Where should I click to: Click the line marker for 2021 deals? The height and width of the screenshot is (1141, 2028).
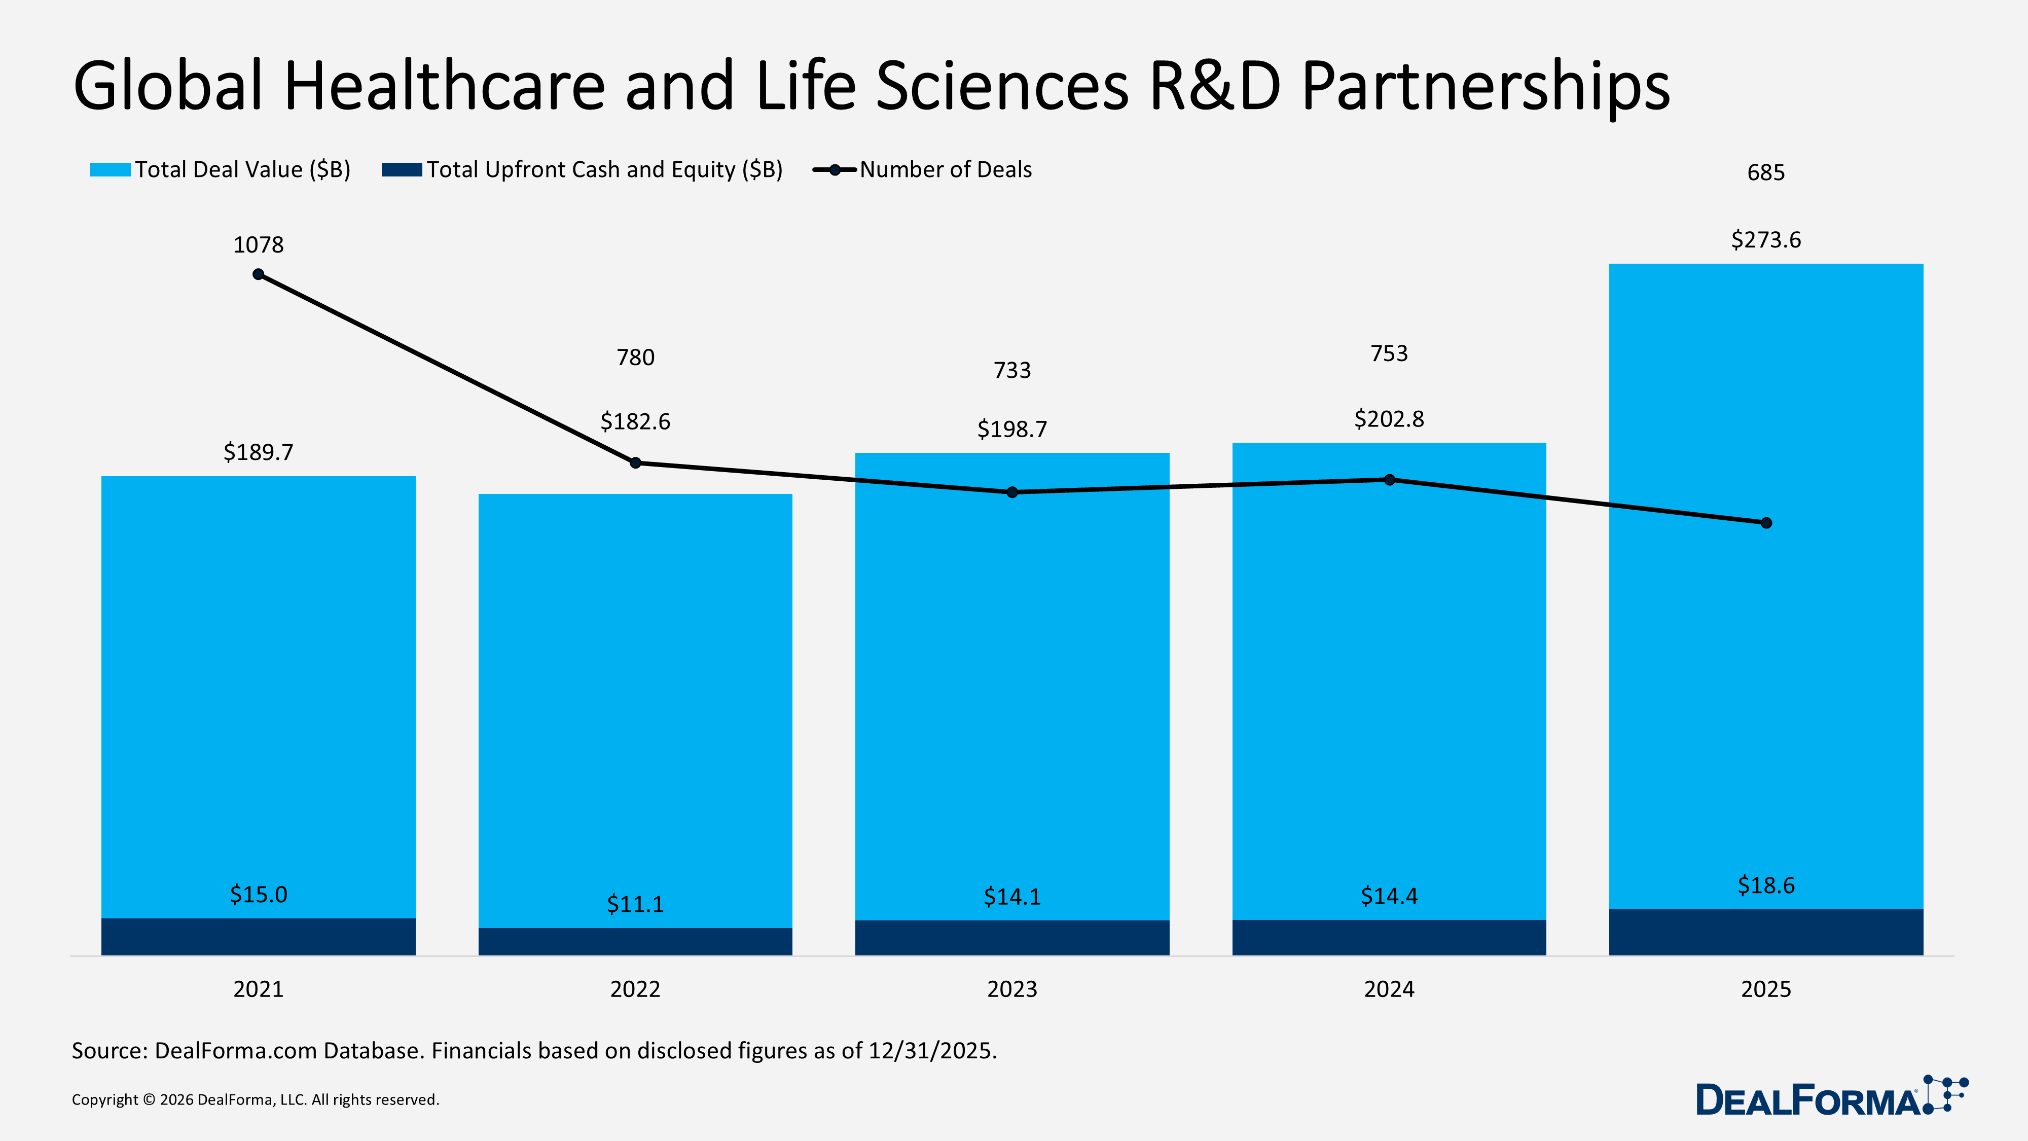tap(258, 274)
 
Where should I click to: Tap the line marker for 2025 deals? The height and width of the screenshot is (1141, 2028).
tap(1766, 523)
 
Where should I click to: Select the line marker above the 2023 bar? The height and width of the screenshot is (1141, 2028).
tap(1012, 492)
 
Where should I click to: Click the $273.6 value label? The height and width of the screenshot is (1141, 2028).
tap(1766, 239)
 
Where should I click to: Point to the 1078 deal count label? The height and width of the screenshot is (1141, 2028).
tap(258, 245)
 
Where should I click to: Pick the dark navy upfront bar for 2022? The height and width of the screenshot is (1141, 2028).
tap(635, 941)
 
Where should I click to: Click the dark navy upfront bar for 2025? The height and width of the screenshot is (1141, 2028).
tap(1766, 933)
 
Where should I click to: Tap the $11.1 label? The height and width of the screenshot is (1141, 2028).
tap(635, 904)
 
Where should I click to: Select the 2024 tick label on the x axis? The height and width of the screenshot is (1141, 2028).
tap(1389, 989)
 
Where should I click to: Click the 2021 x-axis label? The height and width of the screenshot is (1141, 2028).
tap(258, 989)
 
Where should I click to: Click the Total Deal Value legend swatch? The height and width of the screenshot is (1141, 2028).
tap(110, 169)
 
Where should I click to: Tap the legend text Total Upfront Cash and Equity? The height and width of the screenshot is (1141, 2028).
tap(604, 169)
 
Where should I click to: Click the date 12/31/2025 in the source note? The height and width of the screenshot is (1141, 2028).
tap(931, 1050)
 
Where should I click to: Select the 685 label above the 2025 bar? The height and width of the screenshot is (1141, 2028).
tap(1766, 172)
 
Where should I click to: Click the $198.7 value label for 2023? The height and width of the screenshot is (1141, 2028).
tap(1012, 429)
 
